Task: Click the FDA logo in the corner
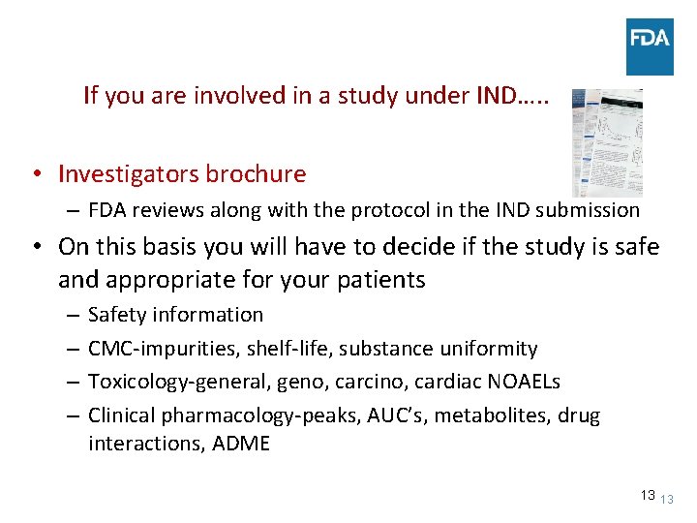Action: pyautogui.click(x=650, y=46)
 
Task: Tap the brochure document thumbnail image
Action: pyautogui.click(x=607, y=143)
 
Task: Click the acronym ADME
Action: pyautogui.click(x=241, y=444)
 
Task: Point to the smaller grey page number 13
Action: pyautogui.click(x=666, y=500)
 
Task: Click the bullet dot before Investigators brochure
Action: pyautogui.click(x=34, y=175)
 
